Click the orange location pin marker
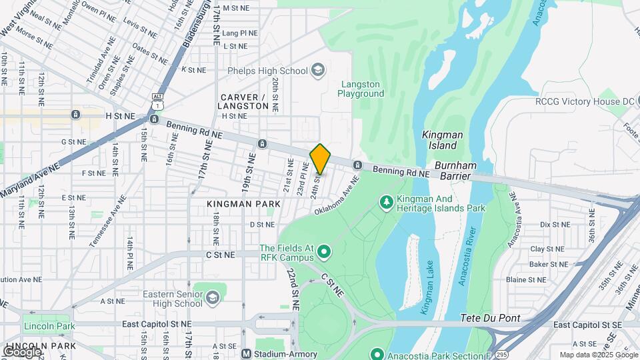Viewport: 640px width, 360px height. pyautogui.click(x=321, y=159)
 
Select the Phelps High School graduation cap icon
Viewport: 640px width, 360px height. pyautogui.click(x=319, y=70)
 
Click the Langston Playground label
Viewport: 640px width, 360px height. pyautogui.click(x=362, y=89)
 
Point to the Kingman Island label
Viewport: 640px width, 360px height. pyautogui.click(x=442, y=140)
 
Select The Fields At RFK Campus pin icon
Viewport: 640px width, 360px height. pyautogui.click(x=324, y=251)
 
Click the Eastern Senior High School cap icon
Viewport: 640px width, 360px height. pyautogui.click(x=213, y=296)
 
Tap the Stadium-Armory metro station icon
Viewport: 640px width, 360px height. pyautogui.click(x=245, y=354)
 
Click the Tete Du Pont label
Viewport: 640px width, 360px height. pyautogui.click(x=491, y=318)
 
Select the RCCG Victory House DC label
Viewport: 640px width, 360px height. pyautogui.click(x=585, y=101)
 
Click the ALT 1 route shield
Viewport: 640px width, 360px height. pyautogui.click(x=157, y=101)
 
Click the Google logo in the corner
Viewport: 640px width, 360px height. pyautogui.click(x=22, y=351)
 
